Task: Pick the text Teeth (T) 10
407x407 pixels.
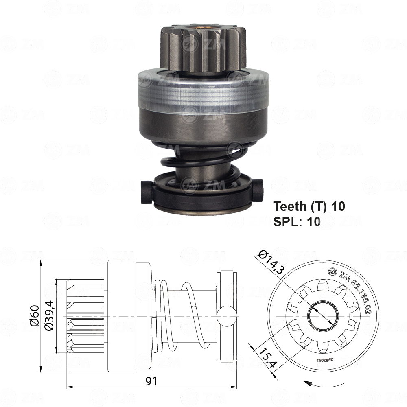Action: (309, 206)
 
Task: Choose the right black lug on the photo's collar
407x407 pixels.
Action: (259, 188)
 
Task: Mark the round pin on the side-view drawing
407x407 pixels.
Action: (226, 316)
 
